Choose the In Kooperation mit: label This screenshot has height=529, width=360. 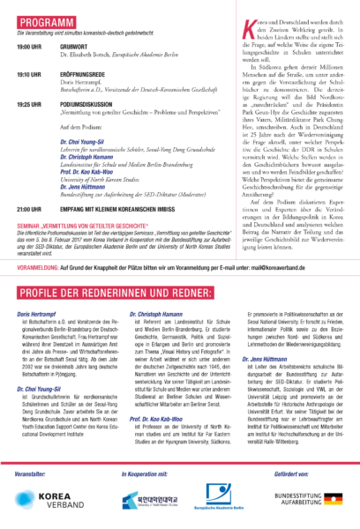pyautogui.click(x=146, y=475)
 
